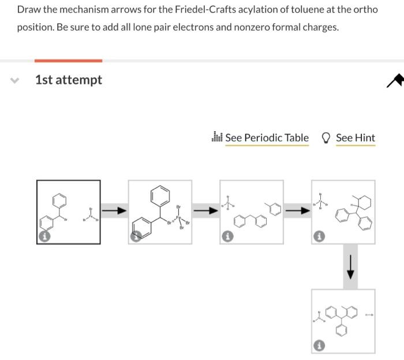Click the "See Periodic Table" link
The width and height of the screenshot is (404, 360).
point(267,138)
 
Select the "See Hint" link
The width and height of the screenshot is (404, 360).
point(356,138)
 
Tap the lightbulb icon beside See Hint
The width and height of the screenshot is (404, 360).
point(326,138)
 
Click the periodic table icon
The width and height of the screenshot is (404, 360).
point(218,138)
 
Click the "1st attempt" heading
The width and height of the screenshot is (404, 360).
point(68,80)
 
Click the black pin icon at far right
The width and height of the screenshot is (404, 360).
point(395,81)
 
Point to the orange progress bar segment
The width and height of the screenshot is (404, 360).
point(68,60)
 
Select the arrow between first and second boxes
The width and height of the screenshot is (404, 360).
point(114,211)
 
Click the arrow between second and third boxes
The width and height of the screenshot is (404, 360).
point(205,211)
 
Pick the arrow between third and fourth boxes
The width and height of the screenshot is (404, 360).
point(297,211)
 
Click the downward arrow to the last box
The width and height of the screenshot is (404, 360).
point(350,266)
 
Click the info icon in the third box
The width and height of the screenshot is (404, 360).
point(228,237)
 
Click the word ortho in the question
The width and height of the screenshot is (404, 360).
point(366,10)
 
